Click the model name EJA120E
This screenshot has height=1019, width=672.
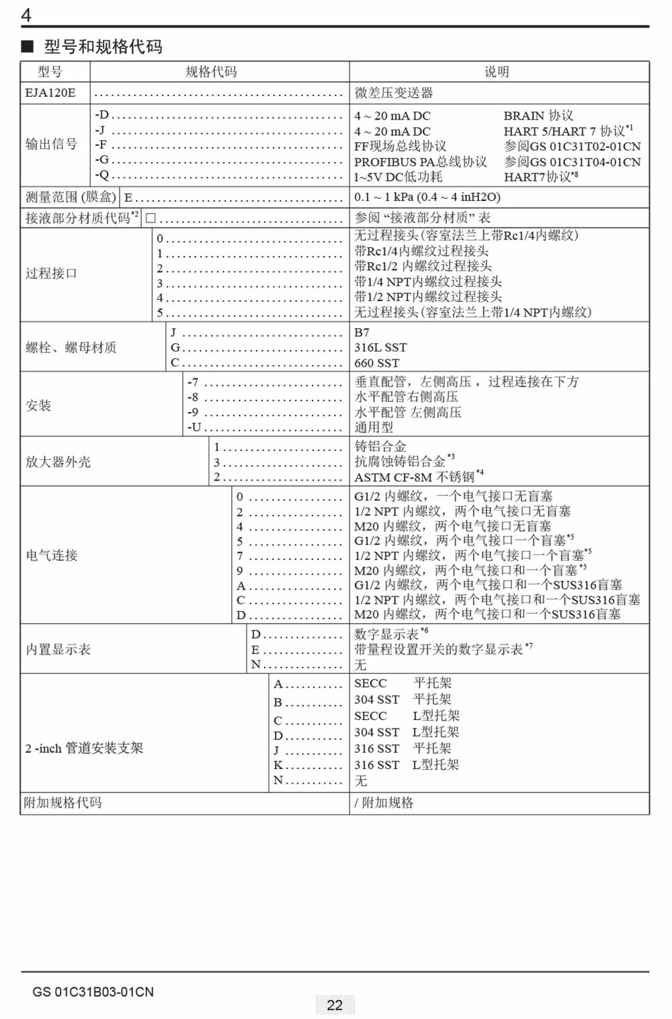[x=50, y=93]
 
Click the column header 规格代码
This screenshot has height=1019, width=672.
[x=211, y=72]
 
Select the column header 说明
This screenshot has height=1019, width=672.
[x=497, y=72]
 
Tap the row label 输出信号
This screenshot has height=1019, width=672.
[x=52, y=144]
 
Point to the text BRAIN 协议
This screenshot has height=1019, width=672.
[x=538, y=116]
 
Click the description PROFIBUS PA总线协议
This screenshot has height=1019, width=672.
[x=421, y=162]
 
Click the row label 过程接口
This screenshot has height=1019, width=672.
[x=52, y=274]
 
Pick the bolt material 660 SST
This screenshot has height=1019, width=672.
[x=377, y=363]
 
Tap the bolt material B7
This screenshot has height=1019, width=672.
[x=362, y=333]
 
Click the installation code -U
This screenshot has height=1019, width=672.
[x=194, y=427]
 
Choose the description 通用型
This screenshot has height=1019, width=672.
[x=374, y=427]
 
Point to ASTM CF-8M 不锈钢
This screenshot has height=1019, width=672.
[x=415, y=477]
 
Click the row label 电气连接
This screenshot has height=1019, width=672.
[x=52, y=555]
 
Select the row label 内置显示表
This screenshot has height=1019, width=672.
[x=58, y=649]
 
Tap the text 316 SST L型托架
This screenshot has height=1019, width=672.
[x=407, y=765]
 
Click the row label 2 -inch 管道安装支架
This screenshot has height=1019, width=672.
[x=84, y=748]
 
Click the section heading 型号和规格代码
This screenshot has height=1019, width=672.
[x=103, y=46]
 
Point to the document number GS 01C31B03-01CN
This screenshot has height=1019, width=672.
[x=93, y=992]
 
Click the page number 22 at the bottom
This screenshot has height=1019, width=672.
[x=335, y=1005]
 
